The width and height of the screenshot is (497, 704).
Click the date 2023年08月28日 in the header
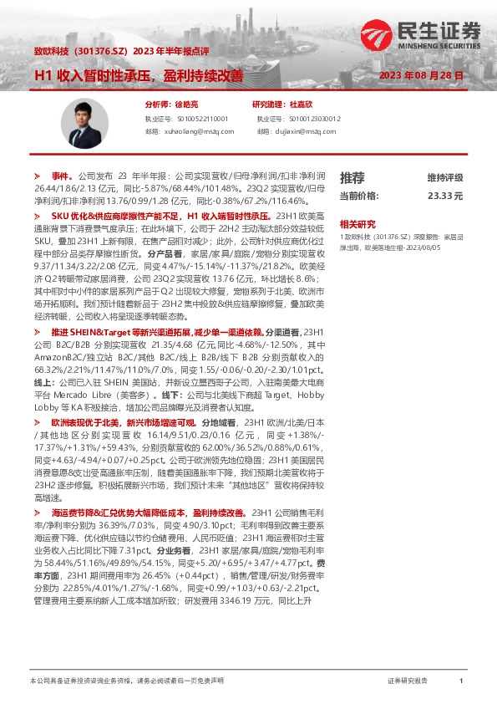[421, 75]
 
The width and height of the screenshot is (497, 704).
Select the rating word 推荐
[352, 177]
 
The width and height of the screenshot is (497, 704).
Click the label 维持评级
[444, 178]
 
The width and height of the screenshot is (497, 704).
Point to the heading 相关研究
[356, 224]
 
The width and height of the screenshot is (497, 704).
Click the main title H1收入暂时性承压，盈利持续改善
[138, 75]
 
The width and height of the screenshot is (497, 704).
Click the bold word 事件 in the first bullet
[62, 177]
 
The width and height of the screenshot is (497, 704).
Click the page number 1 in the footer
[461, 681]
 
